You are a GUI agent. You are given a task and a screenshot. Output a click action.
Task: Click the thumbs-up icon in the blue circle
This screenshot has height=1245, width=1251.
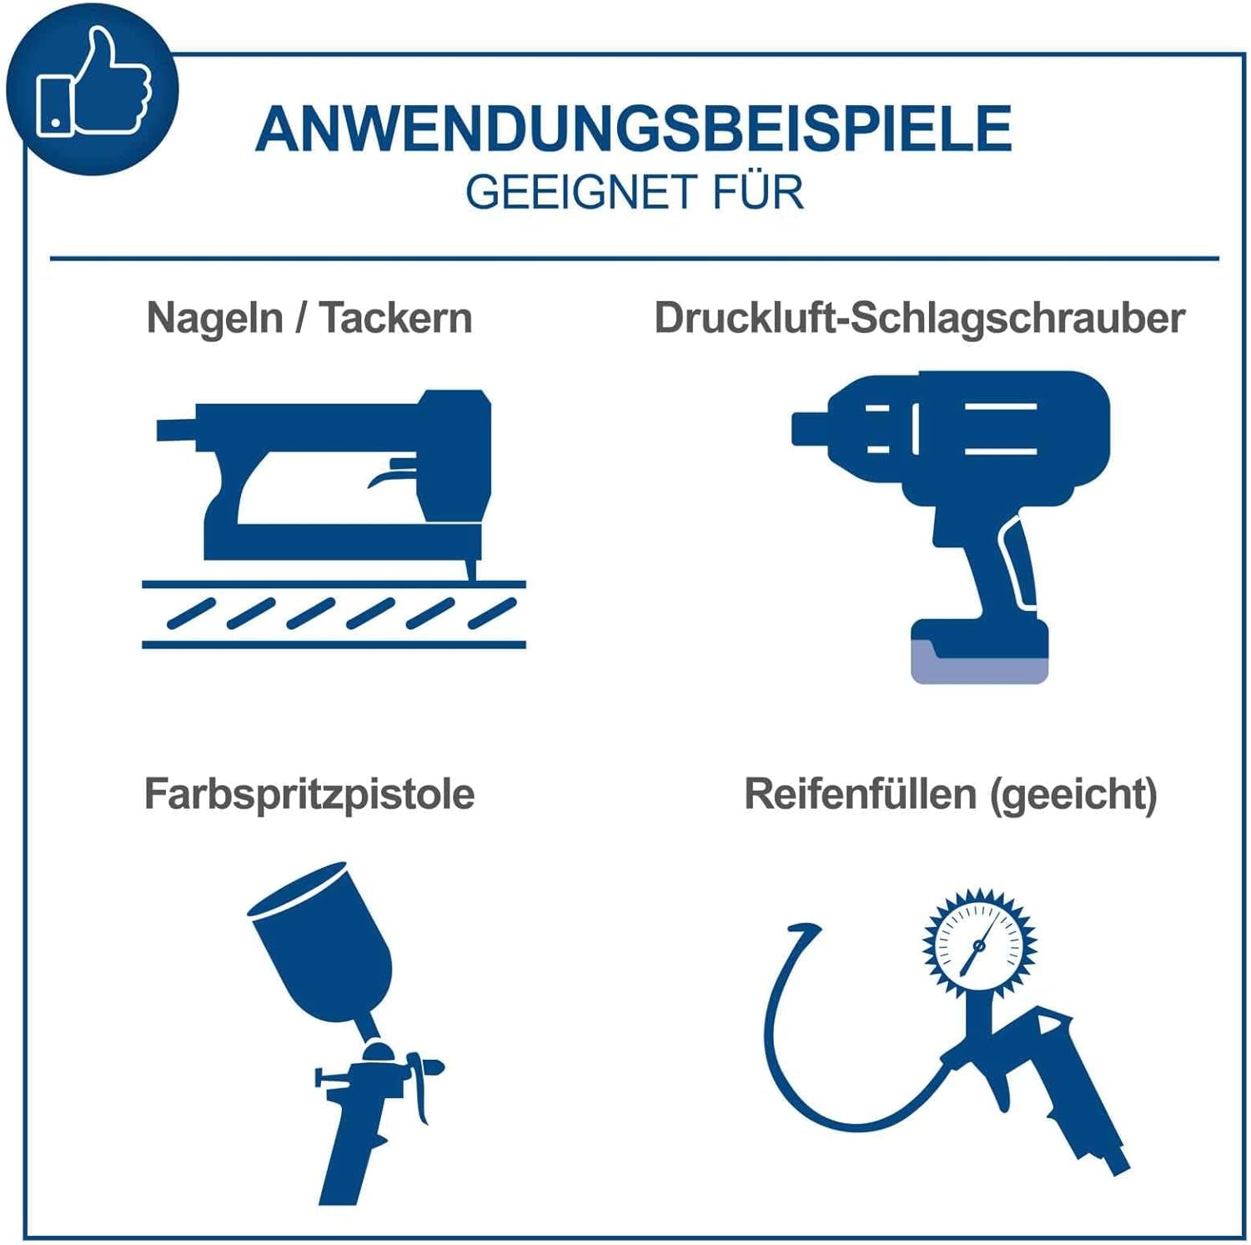[93, 83]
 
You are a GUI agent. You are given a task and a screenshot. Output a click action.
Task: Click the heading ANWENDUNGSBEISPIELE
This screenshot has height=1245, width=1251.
[634, 129]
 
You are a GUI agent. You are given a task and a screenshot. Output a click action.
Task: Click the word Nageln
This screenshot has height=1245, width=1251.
[214, 319]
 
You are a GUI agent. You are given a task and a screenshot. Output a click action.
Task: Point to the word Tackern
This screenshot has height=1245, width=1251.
[396, 318]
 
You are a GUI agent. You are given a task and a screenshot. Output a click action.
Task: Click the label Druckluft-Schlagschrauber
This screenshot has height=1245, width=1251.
[919, 319]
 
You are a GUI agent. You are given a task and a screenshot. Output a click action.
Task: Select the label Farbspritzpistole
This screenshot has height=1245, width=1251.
[309, 794]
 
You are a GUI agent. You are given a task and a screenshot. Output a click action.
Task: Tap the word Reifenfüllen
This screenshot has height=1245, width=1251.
[860, 794]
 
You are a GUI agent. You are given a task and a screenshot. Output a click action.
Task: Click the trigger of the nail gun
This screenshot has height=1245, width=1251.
[389, 475]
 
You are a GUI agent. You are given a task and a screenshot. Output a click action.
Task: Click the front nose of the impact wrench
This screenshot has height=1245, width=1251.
[811, 428]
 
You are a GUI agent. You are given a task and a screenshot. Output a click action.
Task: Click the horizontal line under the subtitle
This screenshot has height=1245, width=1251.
[635, 259]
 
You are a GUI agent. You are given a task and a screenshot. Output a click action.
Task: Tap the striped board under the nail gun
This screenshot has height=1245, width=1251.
[334, 614]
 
